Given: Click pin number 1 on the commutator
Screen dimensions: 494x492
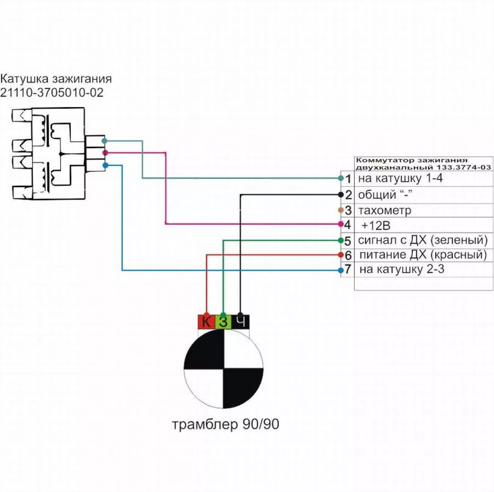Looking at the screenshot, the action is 348,179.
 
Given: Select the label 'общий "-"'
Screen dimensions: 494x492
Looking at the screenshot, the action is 385,195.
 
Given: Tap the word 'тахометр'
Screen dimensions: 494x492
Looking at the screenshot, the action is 385,210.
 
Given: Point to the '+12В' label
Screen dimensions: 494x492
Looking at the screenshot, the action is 376,226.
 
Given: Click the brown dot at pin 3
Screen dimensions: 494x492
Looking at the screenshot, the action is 341,210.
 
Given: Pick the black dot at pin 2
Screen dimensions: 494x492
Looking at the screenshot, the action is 341,195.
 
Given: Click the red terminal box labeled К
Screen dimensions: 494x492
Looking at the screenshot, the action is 206,322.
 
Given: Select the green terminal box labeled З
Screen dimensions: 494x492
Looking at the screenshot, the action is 223,322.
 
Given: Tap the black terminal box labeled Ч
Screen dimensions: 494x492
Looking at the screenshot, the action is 241,322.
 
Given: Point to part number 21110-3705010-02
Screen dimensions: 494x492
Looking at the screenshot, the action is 52,92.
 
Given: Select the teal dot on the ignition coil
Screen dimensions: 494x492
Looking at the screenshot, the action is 104,141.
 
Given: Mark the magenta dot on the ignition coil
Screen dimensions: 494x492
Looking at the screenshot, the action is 105,153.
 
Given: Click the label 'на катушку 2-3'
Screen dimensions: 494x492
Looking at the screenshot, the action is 402,269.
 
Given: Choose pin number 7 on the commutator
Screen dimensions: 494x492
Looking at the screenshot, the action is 348,269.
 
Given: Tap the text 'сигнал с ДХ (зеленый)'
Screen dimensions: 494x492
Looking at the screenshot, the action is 423,240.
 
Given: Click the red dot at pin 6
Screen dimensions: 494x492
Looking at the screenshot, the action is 341,255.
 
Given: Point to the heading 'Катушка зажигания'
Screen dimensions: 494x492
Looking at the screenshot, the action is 56,79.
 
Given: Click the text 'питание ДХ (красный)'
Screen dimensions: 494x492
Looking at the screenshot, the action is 423,255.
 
